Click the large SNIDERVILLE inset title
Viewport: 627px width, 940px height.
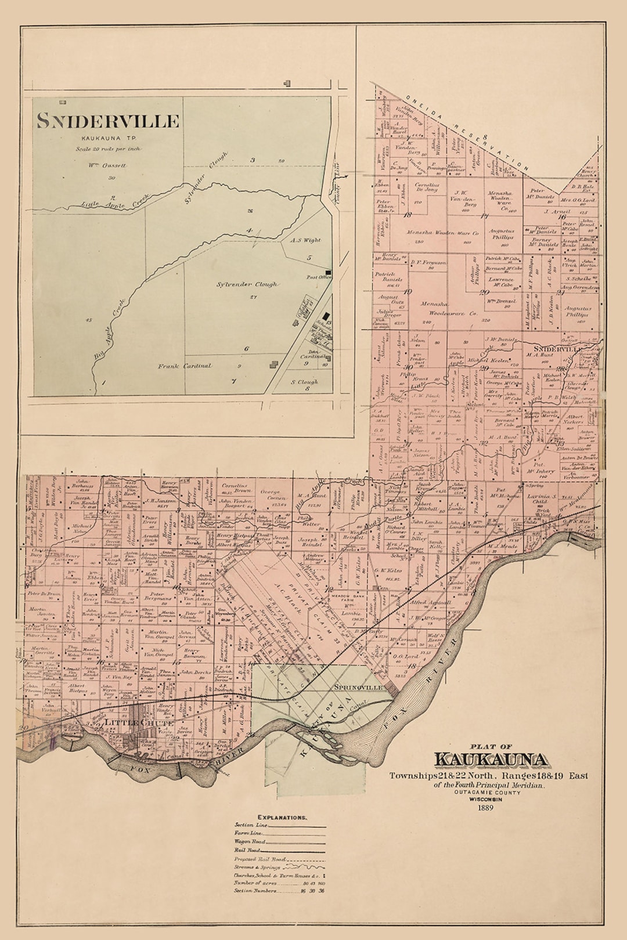pos(108,121)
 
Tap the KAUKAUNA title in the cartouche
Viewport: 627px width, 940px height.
pos(491,760)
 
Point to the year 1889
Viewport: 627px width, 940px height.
pos(485,807)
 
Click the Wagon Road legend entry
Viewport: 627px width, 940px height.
pos(250,841)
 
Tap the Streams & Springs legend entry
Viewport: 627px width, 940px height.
pos(257,867)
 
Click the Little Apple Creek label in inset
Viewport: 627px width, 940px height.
pos(114,201)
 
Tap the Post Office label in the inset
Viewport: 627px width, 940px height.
pos(318,277)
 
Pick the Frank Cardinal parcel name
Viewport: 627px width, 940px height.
pos(185,366)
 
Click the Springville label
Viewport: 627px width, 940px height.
pos(358,687)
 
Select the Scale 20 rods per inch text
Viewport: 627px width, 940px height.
pos(108,149)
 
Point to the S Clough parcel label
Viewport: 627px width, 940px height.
pos(304,382)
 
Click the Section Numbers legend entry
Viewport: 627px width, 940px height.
pos(255,890)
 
